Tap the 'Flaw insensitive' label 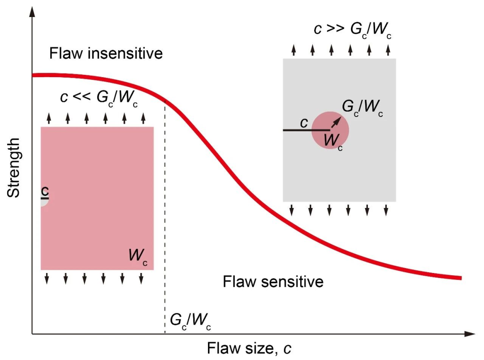point(105,54)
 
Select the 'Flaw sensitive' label point(273,282)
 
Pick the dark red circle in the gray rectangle point(330,130)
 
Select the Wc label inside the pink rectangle point(138,256)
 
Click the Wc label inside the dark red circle point(333,141)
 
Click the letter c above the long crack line point(304,122)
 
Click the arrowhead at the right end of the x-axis point(470,334)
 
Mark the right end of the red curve point(460,278)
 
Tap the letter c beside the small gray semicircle point(44,191)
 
